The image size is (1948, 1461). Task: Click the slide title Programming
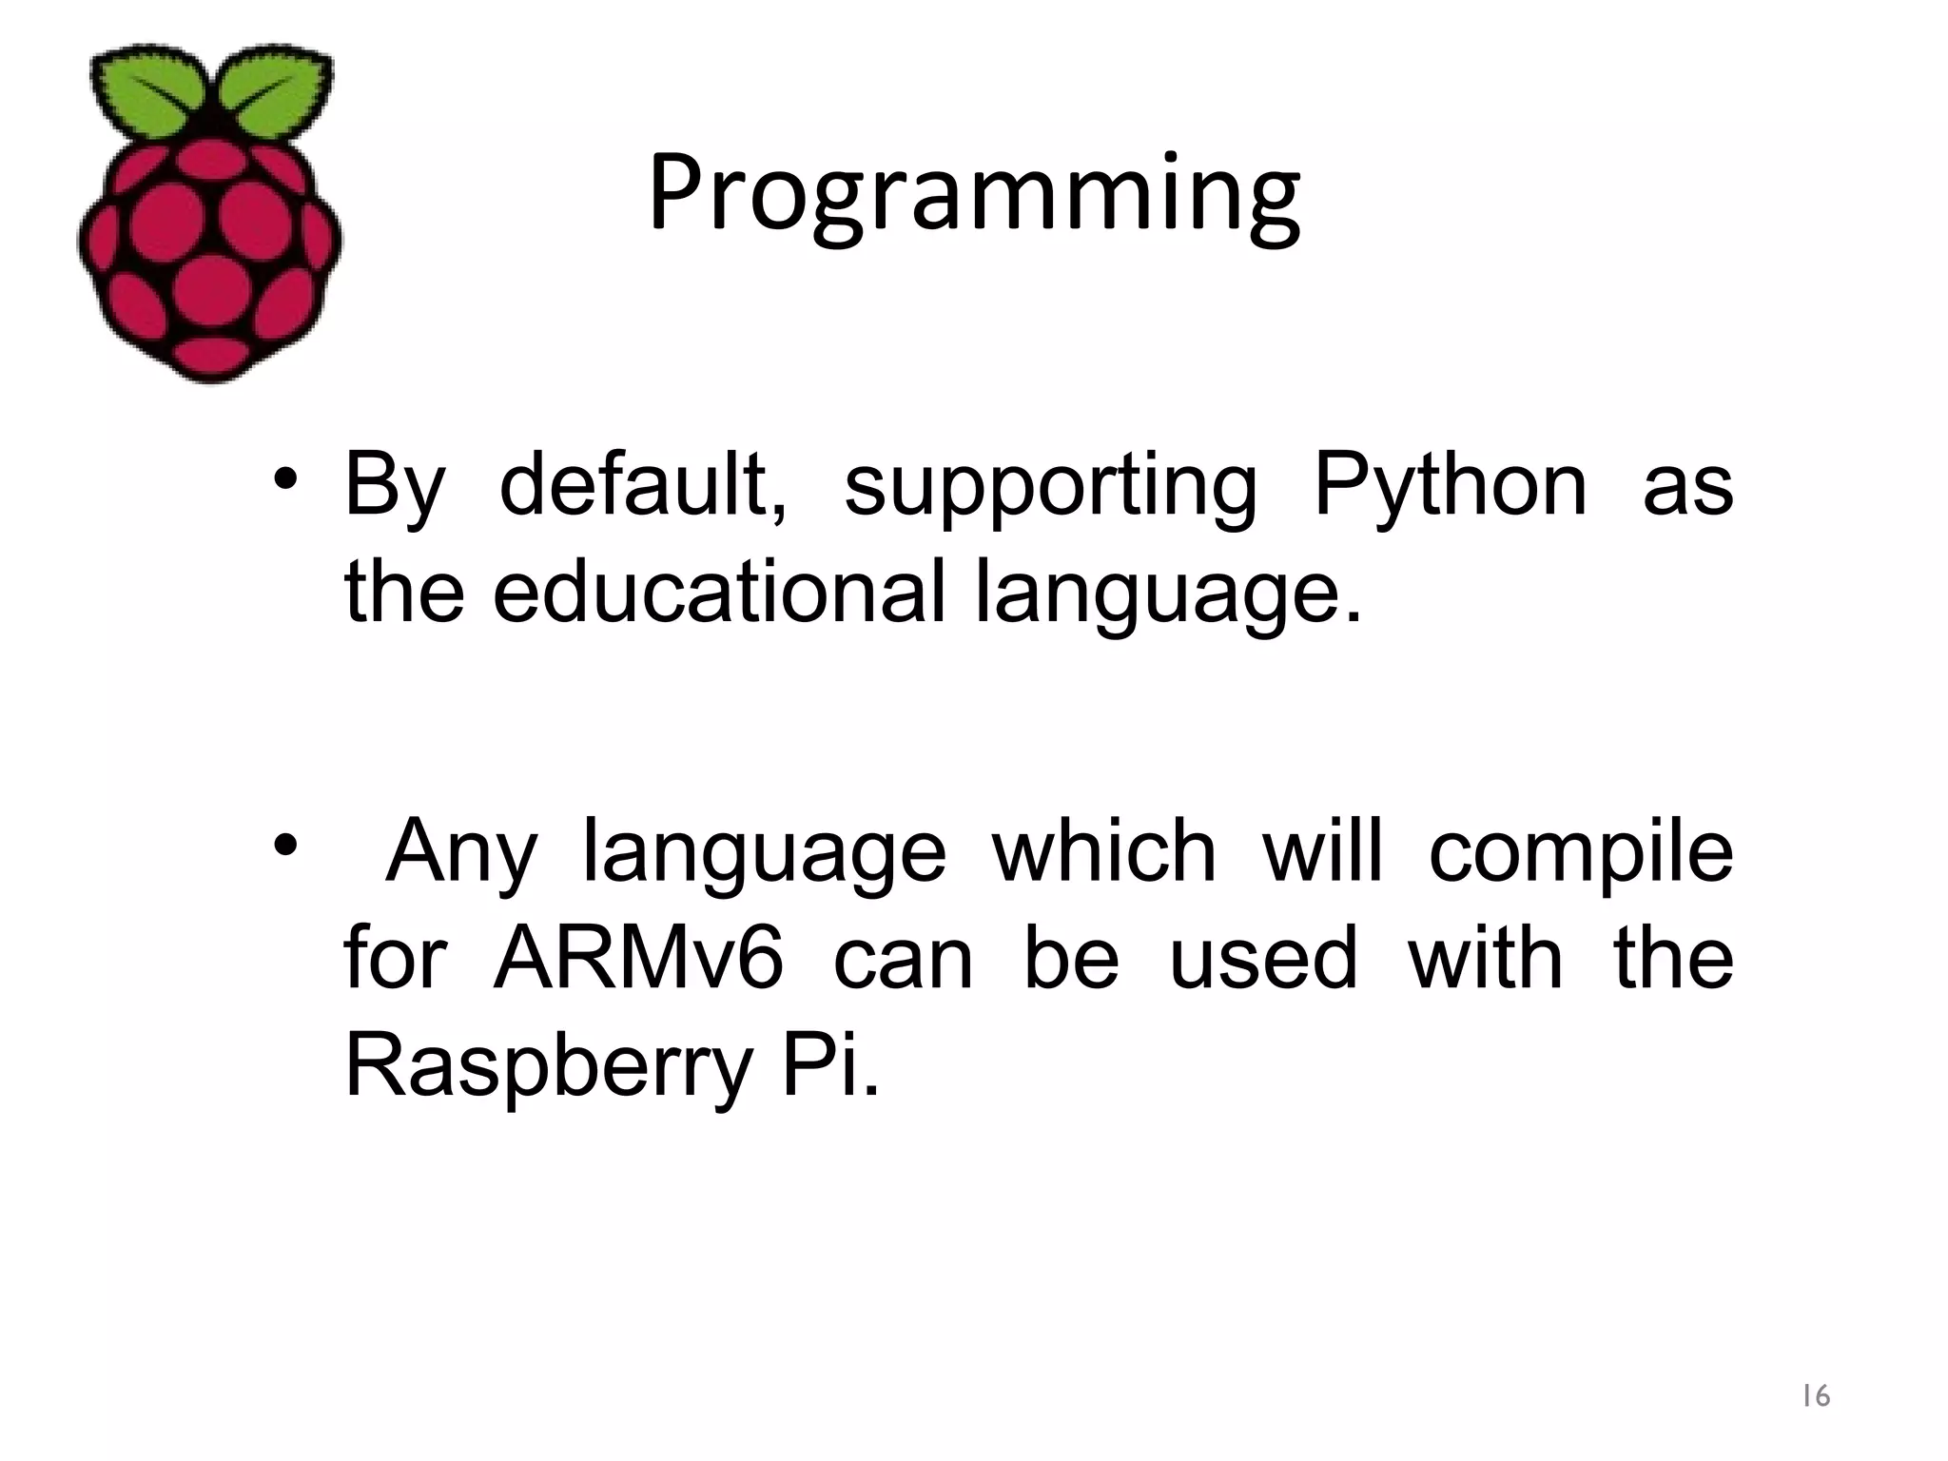click(x=974, y=195)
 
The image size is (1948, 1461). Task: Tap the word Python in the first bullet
click(x=1450, y=488)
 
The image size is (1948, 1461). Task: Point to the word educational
click(x=719, y=593)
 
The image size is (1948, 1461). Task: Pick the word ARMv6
click(x=639, y=958)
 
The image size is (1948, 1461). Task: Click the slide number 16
click(x=1816, y=1395)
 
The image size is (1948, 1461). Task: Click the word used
click(x=1262, y=958)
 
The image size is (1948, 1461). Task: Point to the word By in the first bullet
click(x=394, y=488)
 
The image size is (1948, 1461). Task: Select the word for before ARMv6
click(x=394, y=958)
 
